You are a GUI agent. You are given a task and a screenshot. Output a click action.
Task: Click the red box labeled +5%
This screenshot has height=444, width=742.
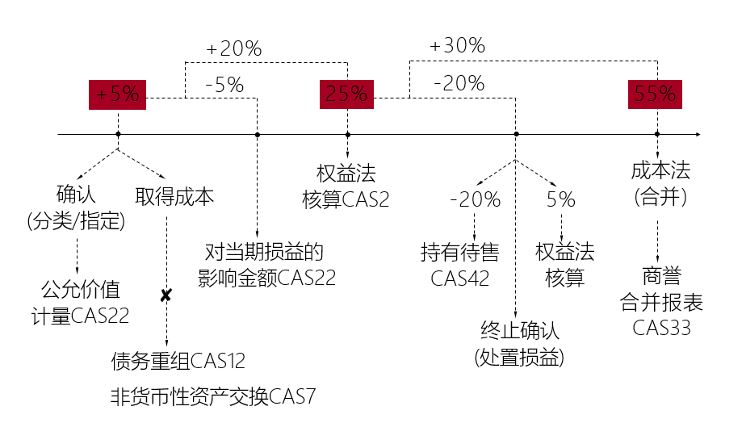point(118,94)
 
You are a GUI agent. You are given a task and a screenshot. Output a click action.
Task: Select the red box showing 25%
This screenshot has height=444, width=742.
point(346,94)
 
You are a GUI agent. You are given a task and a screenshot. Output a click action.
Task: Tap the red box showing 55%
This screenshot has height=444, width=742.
point(655,94)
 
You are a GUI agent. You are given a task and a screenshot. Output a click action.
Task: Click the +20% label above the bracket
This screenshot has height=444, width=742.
point(234,49)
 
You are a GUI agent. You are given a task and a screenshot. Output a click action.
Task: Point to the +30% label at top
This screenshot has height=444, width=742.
point(457,46)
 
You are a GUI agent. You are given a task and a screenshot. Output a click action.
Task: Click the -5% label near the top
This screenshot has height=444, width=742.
point(224,84)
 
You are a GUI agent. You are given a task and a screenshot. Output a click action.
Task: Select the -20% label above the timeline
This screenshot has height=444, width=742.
point(459,83)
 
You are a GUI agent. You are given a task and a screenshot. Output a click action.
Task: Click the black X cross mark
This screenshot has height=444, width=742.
point(166,296)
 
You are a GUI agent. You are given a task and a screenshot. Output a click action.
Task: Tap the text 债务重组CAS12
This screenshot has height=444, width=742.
point(178,361)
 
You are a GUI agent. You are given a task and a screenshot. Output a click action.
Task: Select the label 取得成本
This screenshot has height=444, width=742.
point(174,197)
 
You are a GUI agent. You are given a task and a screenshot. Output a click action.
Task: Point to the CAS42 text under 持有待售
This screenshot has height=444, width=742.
point(460,279)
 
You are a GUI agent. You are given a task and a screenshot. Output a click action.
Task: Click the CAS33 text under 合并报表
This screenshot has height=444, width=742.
point(662,328)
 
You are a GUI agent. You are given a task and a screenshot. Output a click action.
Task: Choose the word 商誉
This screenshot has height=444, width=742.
point(662,277)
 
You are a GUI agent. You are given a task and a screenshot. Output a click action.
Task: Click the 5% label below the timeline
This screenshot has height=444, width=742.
point(561,199)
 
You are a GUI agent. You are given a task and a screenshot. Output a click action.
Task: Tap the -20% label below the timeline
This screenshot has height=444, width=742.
point(475,199)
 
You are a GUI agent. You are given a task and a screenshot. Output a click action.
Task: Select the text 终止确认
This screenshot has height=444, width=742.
point(519,331)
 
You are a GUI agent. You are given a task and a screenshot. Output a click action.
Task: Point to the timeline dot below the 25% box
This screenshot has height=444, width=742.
point(347,134)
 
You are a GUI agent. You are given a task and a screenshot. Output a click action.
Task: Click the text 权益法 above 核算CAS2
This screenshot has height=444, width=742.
point(346,174)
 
